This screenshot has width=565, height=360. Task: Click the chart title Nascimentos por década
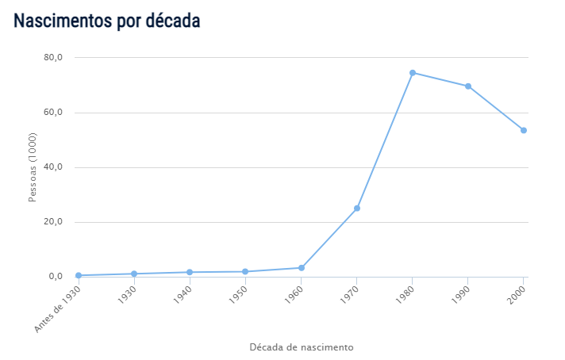(106, 21)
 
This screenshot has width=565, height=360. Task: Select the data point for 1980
(413, 73)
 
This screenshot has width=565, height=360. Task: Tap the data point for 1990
(468, 86)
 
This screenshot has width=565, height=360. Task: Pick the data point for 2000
(524, 130)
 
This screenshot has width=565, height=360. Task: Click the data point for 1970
(357, 209)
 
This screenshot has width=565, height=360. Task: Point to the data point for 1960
(302, 268)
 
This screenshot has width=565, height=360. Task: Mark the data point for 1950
(245, 272)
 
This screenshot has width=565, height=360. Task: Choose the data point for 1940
(190, 272)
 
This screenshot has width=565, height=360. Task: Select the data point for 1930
(134, 274)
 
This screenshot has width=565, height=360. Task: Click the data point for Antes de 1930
(79, 275)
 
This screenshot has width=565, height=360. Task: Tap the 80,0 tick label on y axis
(53, 58)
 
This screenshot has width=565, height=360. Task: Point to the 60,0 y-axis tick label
(53, 113)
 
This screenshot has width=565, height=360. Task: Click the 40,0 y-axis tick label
(53, 167)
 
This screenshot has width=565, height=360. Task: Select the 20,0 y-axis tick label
(53, 222)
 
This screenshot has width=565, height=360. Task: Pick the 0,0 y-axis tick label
(56, 277)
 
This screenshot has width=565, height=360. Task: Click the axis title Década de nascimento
(302, 347)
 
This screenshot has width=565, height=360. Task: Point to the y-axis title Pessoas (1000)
(33, 167)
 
